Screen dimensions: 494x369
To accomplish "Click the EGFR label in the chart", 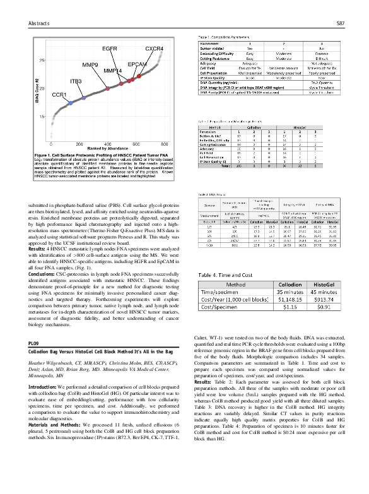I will pos(110,49).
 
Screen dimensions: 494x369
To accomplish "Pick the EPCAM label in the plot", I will pos(138,64).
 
